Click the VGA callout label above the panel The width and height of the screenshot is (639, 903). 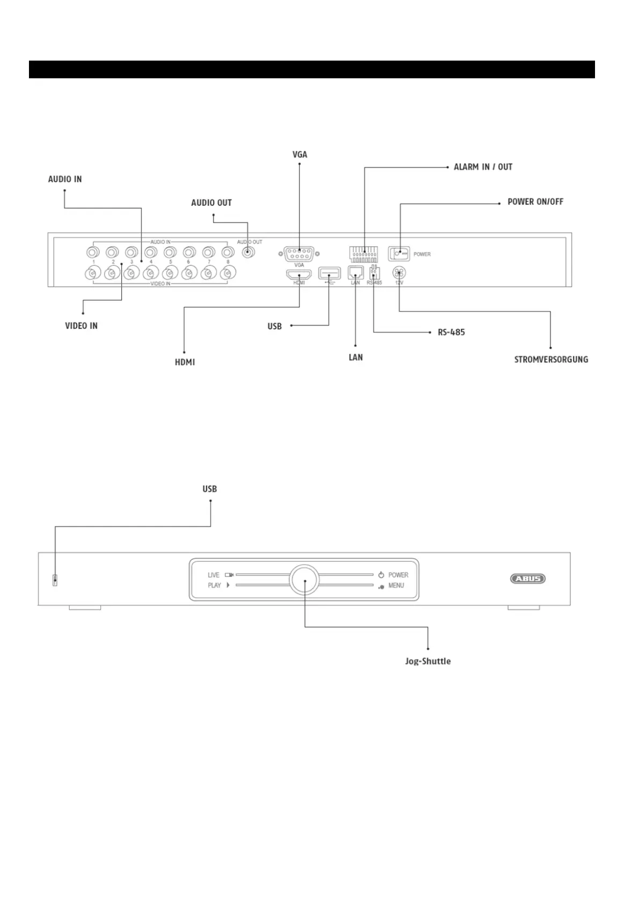tap(299, 154)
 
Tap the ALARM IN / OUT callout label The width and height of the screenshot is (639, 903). tap(483, 167)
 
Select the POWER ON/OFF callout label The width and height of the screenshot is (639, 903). tap(535, 202)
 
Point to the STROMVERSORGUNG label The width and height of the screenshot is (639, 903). tap(551, 359)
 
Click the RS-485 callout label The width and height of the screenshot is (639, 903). tap(451, 332)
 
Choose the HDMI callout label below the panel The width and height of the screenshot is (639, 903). tap(185, 362)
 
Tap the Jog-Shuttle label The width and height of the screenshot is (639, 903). tap(428, 661)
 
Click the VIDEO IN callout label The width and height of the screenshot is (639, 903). tap(81, 325)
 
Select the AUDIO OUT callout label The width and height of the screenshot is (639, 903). tap(211, 203)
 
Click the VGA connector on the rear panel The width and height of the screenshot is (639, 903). tap(299, 253)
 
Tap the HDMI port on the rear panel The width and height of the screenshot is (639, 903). tap(299, 274)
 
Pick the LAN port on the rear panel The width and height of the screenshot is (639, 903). tap(356, 272)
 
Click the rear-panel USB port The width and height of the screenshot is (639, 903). tap(329, 273)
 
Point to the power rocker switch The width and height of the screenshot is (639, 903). tap(399, 254)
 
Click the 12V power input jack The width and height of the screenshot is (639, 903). tap(399, 272)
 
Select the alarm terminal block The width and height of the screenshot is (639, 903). tap(363, 254)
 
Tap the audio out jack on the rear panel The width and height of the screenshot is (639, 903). tap(247, 253)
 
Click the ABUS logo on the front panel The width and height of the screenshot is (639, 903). tap(527, 579)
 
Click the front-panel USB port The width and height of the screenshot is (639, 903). tap(55, 580)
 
